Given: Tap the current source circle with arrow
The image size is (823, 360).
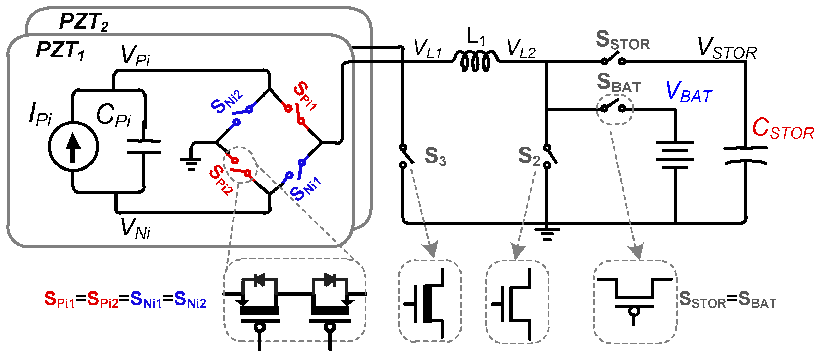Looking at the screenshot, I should (x=73, y=147).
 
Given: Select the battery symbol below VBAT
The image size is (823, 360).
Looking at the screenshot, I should (x=675, y=155).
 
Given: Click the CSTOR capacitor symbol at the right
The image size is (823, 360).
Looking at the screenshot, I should (x=746, y=156).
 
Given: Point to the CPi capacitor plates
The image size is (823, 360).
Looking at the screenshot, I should (x=144, y=147).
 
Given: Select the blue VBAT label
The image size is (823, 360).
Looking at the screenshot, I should (x=689, y=92).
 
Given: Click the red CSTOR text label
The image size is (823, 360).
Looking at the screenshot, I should (x=783, y=129).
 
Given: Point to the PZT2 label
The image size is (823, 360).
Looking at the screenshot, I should (x=84, y=22).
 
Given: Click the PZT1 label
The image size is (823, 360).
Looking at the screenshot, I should (x=60, y=51).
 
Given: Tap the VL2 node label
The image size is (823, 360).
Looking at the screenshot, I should (x=521, y=49).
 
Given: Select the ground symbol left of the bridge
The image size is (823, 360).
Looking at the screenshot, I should (x=191, y=163).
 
